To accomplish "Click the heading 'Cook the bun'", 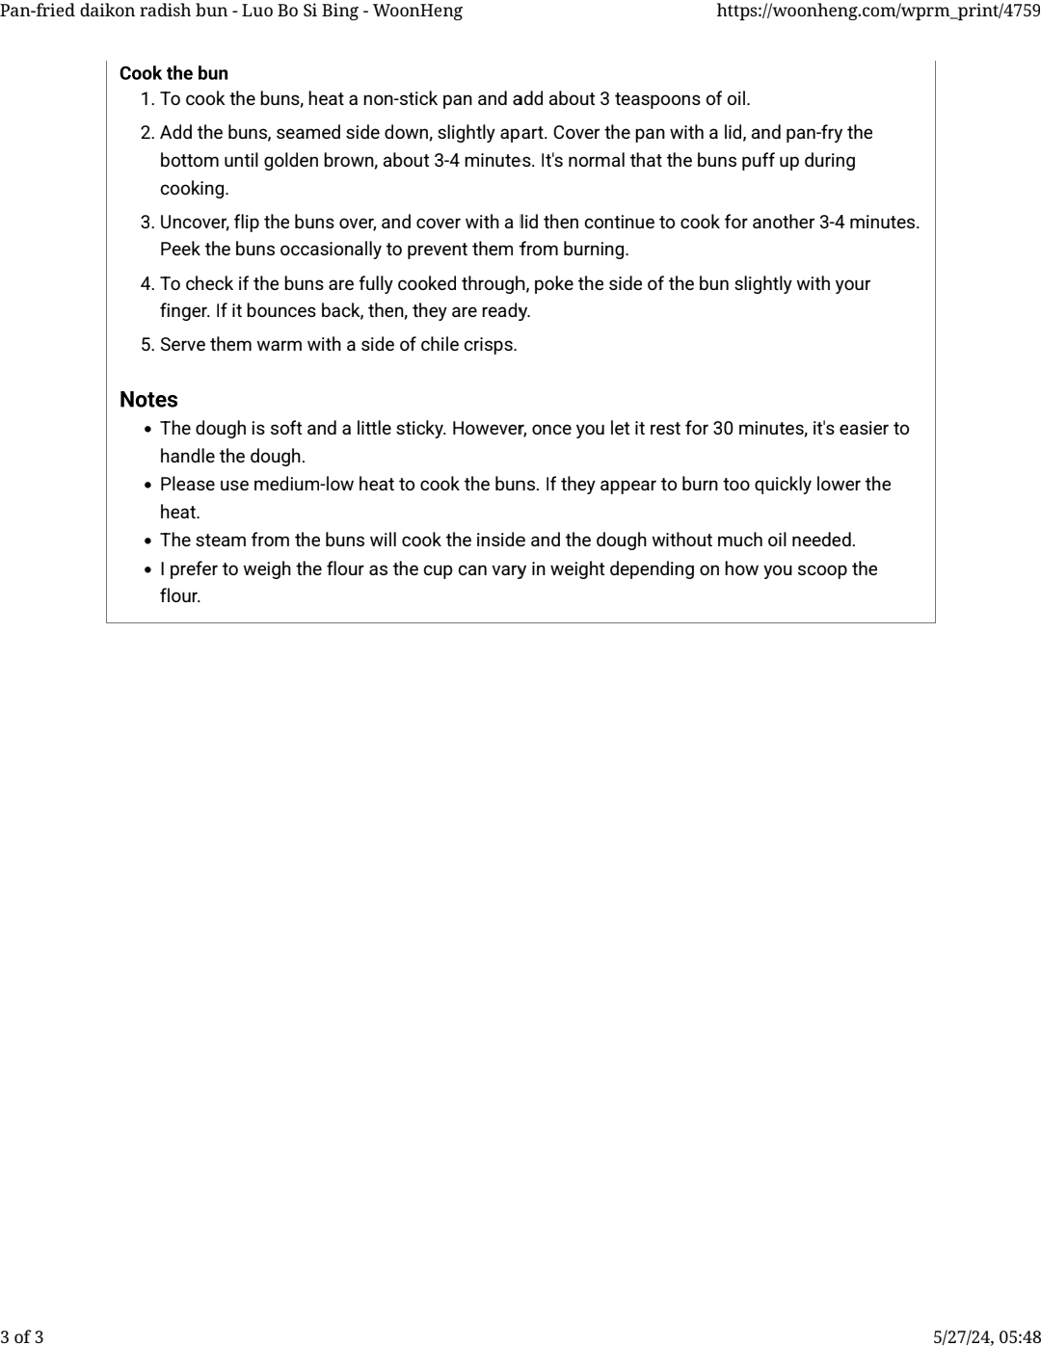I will (173, 73).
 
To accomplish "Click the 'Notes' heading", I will (148, 400).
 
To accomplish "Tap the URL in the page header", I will (878, 12).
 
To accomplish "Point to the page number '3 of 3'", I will (22, 1336).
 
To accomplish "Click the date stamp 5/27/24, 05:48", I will (986, 1336).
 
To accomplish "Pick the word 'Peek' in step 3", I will (179, 250).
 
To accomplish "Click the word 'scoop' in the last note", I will (820, 569).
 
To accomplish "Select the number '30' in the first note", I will (723, 429).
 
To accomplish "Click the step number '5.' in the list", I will (147, 345).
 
